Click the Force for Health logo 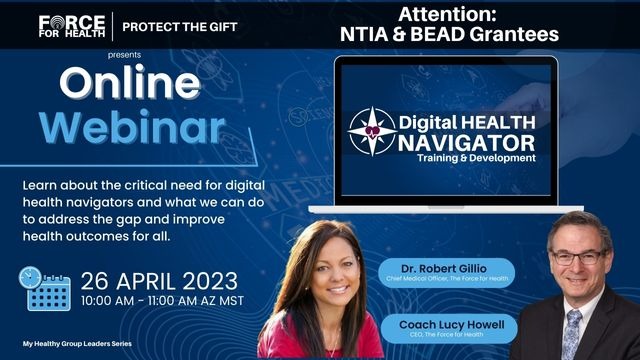click(71, 25)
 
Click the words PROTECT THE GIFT click(180, 26)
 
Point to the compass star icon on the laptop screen click(372, 131)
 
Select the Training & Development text click(479, 158)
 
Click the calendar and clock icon click(45, 289)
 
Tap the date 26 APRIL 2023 click(160, 279)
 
